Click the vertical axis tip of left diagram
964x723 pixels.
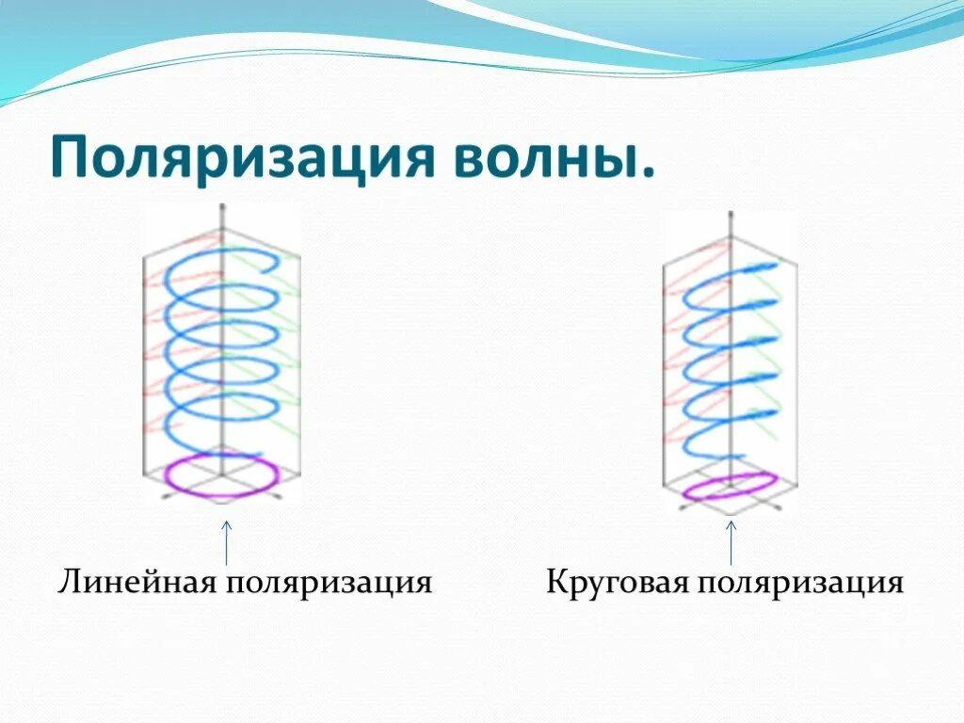pos(222,207)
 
